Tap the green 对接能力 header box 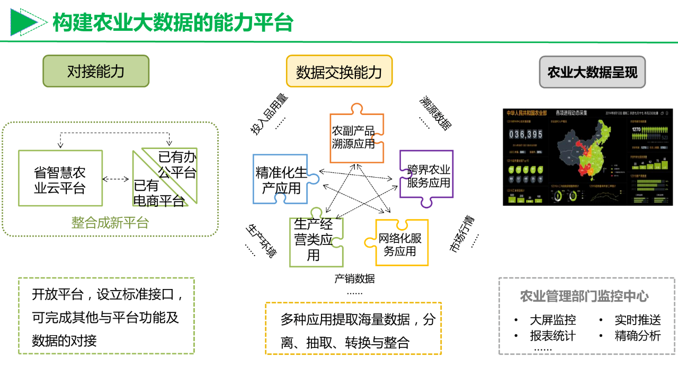coord(96,71)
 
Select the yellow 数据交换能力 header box coord(339,72)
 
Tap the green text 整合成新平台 coord(110,223)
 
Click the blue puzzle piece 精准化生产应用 coord(281,180)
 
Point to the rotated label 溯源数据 coord(436,113)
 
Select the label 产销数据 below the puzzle coord(354,278)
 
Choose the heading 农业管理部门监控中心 coord(584,296)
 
